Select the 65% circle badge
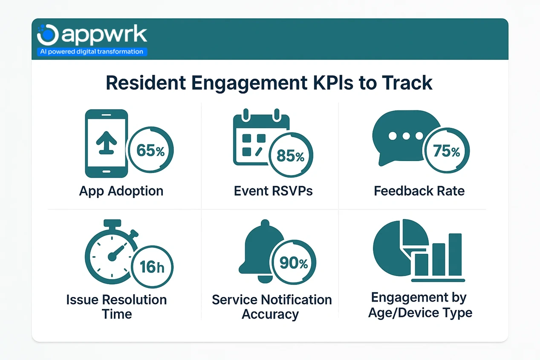click(x=150, y=151)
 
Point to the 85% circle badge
click(x=291, y=156)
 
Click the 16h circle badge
click(x=151, y=267)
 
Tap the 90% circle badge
click(x=294, y=263)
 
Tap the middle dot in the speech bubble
click(x=406, y=136)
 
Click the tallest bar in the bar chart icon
click(x=455, y=254)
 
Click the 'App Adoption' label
click(x=121, y=191)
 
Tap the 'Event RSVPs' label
click(x=273, y=191)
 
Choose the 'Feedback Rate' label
click(x=419, y=191)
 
